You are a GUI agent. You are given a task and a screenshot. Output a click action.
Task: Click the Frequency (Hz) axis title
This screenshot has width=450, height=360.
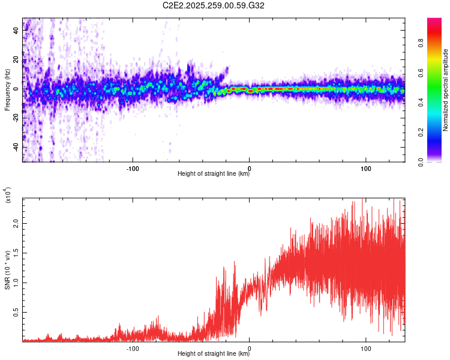[7, 90]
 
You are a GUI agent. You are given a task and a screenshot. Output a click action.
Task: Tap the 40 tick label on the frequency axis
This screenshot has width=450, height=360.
[16, 31]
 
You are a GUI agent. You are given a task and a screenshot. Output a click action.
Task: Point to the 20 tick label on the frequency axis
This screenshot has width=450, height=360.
[16, 61]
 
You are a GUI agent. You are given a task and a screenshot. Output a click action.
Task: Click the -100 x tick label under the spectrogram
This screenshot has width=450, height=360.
[133, 167]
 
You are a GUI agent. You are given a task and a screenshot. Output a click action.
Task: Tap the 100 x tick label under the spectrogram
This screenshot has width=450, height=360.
[366, 167]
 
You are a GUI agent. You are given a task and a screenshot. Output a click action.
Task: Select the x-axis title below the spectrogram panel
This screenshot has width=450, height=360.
[214, 174]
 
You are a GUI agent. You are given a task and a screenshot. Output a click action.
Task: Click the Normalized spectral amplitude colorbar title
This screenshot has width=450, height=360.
[446, 90]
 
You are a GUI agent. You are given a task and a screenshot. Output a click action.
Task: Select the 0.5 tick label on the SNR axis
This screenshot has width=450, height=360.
[15, 313]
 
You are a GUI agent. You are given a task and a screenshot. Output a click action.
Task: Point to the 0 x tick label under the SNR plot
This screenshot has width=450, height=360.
[250, 347]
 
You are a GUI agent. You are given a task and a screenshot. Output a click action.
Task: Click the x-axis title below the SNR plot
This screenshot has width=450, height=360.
[214, 354]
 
